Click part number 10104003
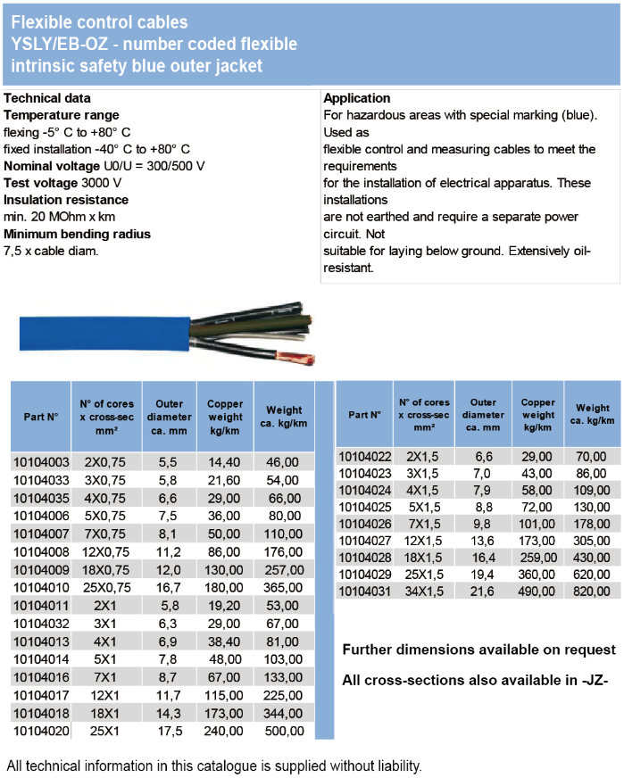coord(40,462)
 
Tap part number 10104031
coord(367,590)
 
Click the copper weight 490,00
coord(538,590)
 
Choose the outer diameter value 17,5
coord(169,731)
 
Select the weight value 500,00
coord(283,731)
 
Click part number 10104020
coord(40,731)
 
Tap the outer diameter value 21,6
coord(482,590)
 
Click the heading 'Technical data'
coord(47,98)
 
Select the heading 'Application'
coord(356,98)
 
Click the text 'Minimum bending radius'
coord(77,234)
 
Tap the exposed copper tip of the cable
coord(296,360)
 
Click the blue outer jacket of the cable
coord(98,331)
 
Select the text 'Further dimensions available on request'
coord(478,650)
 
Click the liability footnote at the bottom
coord(213,766)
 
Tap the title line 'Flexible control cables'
coord(99,21)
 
